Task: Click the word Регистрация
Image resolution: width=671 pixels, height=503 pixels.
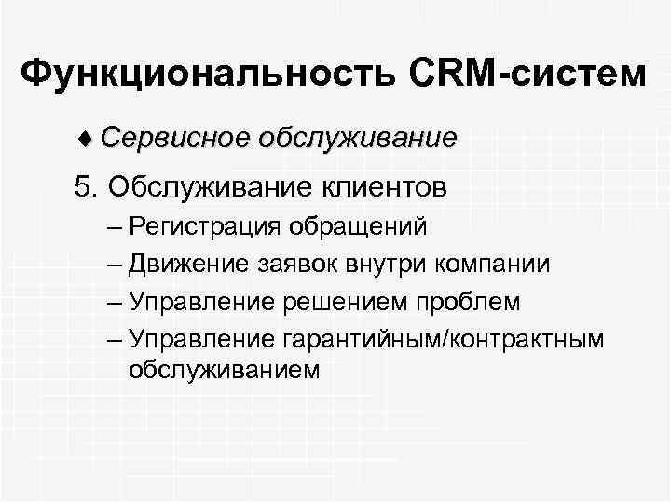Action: click(206, 225)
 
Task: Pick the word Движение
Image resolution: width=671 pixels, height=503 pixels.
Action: click(185, 264)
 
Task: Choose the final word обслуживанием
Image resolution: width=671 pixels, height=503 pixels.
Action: click(225, 370)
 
